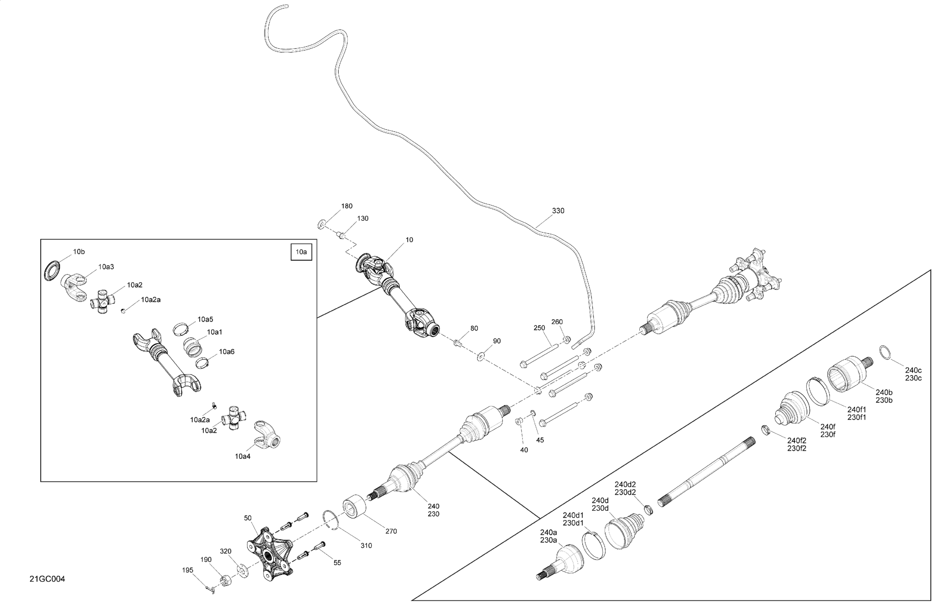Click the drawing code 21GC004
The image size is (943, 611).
[47, 579]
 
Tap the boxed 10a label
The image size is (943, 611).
[301, 252]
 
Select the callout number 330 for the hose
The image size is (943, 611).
[558, 211]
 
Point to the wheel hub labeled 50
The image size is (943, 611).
[270, 553]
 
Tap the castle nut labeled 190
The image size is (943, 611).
[225, 580]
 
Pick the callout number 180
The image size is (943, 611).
[347, 206]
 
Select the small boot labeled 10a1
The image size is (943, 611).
[193, 345]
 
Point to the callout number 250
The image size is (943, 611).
[539, 328]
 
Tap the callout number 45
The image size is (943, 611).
[539, 440]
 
